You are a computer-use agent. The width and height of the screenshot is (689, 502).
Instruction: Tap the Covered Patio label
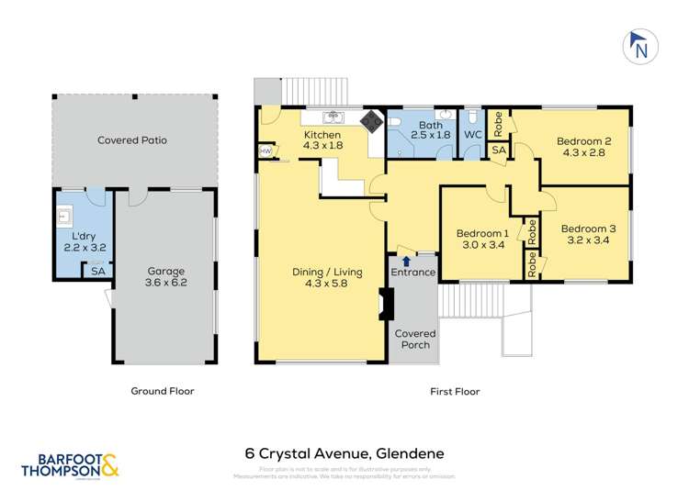click(x=132, y=140)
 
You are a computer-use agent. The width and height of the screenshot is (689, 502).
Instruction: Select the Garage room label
click(x=166, y=277)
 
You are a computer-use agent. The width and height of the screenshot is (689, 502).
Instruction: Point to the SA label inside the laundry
click(x=97, y=271)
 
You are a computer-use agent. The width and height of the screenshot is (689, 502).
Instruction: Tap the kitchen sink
click(x=333, y=117)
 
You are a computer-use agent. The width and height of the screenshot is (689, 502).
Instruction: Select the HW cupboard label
click(x=265, y=151)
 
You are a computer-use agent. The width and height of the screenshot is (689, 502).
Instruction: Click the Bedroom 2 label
click(x=583, y=147)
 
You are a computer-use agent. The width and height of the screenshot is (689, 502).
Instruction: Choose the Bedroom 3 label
click(x=588, y=235)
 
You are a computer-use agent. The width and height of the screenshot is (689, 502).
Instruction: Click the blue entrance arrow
click(x=405, y=262)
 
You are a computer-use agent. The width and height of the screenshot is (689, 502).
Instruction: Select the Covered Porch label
click(x=415, y=339)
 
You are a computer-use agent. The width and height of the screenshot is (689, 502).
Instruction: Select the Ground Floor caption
click(x=162, y=391)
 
